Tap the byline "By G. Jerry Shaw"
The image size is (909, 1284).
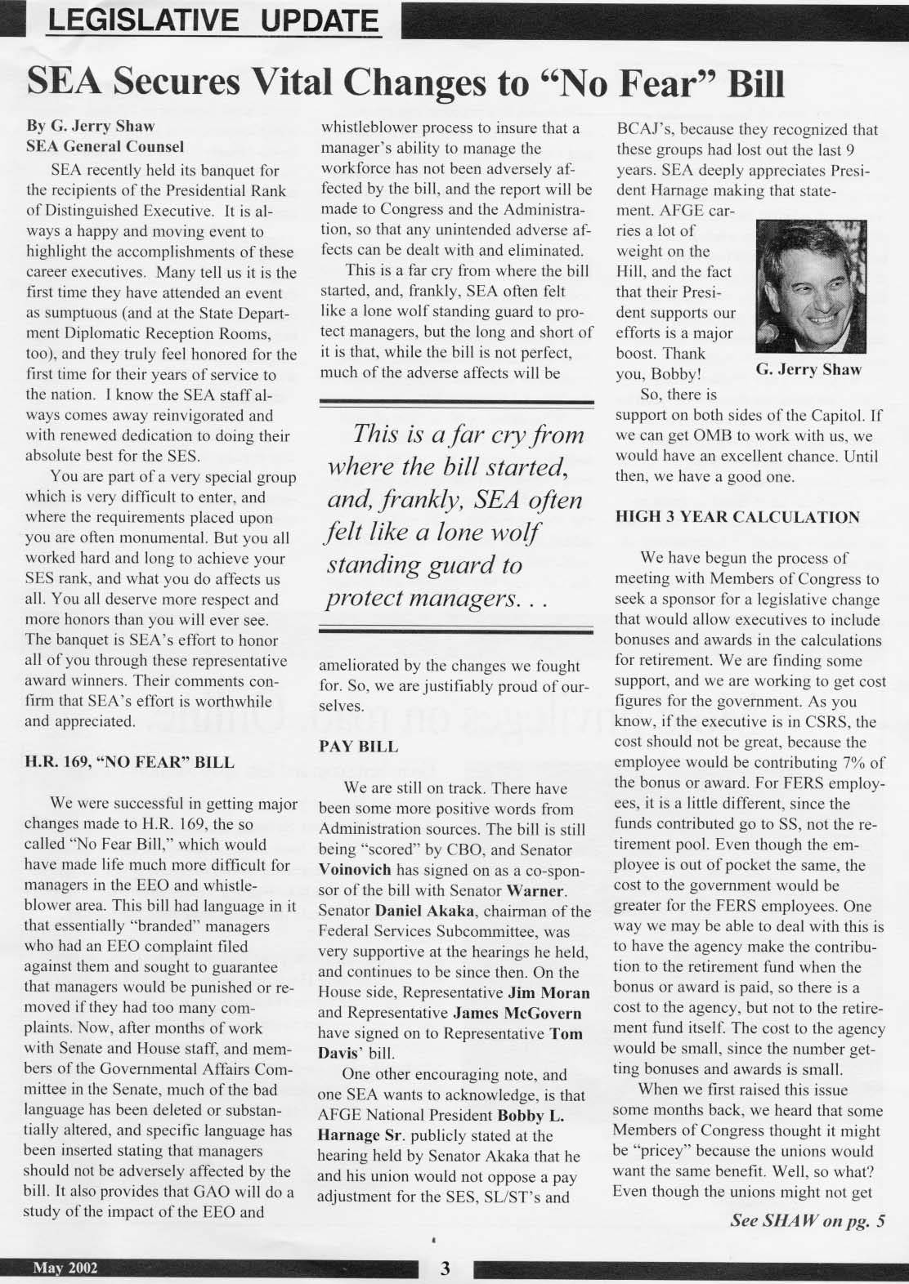coord(91,127)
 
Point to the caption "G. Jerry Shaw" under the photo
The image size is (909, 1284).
coord(808,369)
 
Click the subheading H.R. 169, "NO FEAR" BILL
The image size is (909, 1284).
coord(130,762)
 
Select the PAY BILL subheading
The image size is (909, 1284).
coord(358,746)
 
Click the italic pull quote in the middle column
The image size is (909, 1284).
coord(456,517)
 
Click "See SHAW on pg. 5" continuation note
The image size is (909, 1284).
coord(808,1222)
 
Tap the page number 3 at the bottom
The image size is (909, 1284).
coord(446,1268)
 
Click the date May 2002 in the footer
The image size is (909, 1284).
coord(65,1268)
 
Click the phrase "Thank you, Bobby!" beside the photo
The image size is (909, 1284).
coord(662,364)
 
